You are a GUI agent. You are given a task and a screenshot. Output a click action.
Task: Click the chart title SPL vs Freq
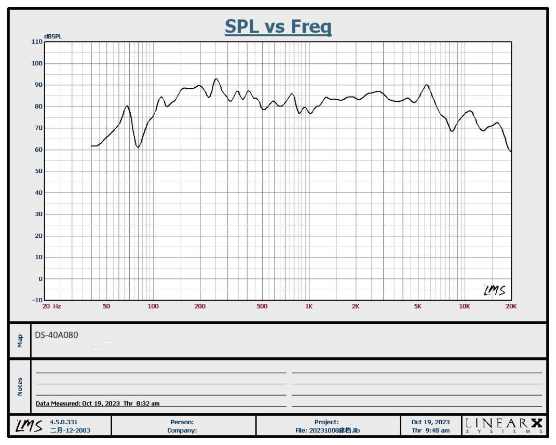278,26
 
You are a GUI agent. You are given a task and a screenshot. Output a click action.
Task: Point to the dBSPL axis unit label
53,36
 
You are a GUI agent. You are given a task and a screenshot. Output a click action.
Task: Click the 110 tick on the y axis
36,42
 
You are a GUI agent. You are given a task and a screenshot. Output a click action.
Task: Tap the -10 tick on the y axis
36,300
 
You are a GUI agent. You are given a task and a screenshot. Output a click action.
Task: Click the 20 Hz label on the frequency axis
51,306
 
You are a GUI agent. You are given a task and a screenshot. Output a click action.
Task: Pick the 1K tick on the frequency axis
309,306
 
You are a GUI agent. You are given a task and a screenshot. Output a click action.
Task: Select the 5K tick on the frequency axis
417,306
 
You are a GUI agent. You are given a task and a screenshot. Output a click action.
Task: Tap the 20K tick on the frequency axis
511,306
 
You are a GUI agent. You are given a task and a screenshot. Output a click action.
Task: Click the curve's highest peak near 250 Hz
216,79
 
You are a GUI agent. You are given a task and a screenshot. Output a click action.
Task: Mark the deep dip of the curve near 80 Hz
138,147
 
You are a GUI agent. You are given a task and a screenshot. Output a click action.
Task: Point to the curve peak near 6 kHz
426,85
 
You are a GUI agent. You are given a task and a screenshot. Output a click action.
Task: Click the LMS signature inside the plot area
494,290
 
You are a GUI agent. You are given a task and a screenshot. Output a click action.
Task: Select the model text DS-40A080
57,335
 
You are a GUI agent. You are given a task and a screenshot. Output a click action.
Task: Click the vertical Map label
20,341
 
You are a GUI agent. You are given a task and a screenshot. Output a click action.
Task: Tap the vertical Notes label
20,386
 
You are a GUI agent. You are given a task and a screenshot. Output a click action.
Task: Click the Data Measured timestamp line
98,403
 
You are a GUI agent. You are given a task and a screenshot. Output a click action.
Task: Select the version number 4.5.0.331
64,422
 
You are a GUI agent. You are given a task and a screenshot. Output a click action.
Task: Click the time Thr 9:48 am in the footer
431,430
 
